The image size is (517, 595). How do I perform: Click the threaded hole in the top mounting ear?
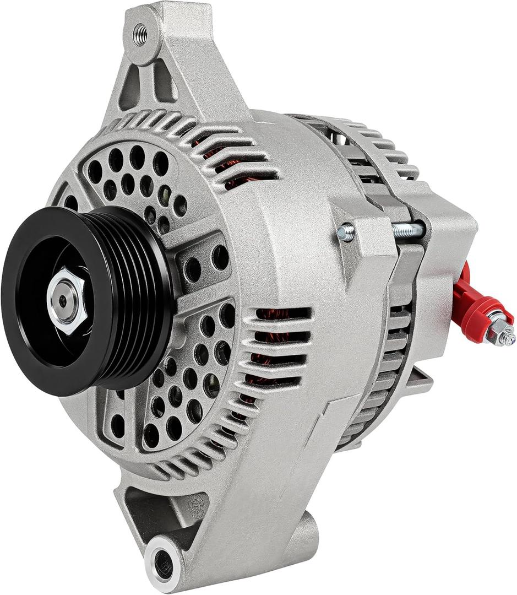tap(140, 35)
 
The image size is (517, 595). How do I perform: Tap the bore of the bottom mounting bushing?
tap(163, 562)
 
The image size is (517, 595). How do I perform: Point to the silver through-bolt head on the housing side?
tap(346, 233)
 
